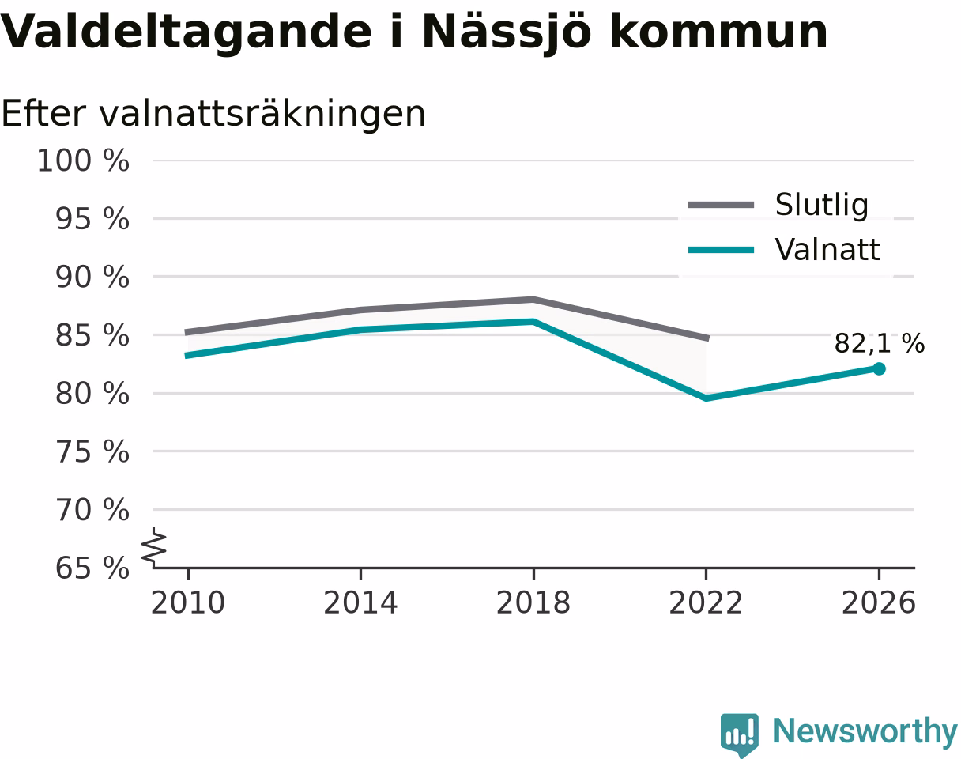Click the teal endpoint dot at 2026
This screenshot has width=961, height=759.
[x=879, y=369]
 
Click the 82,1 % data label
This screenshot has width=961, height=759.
[x=879, y=344]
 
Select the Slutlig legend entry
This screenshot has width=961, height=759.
[x=778, y=205]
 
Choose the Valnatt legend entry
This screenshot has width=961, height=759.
[x=784, y=249]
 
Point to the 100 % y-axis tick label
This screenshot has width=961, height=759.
[x=83, y=160]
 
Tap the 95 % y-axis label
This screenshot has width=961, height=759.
[x=92, y=219]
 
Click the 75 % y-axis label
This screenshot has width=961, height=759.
[x=92, y=451]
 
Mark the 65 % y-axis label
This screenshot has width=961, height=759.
[x=92, y=568]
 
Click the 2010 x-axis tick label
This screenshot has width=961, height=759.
[x=188, y=603]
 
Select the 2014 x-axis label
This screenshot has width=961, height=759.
[x=360, y=603]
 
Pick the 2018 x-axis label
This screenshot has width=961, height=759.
[x=533, y=603]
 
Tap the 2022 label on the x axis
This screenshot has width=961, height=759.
[x=706, y=603]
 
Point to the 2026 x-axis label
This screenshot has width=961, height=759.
[x=878, y=603]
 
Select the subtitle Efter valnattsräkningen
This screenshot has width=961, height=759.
[x=213, y=115]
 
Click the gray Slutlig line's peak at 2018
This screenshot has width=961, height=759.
[x=533, y=300]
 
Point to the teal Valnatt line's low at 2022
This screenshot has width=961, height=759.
[x=706, y=398]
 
